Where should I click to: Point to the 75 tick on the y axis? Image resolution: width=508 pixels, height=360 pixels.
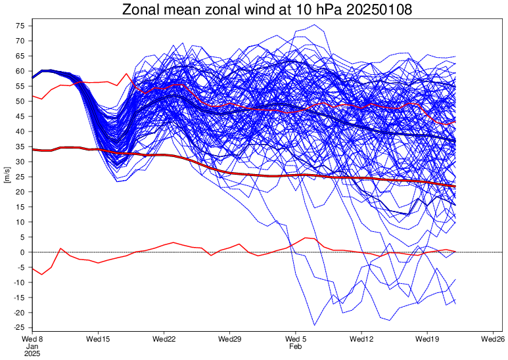[20, 26]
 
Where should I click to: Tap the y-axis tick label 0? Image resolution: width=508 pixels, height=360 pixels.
[22, 252]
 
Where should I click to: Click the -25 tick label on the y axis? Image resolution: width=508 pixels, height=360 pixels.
[18, 328]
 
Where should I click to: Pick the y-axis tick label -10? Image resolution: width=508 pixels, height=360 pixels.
[18, 282]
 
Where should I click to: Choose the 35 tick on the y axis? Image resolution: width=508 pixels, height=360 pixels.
[20, 146]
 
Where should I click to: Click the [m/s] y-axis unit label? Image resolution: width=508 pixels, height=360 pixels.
[7, 177]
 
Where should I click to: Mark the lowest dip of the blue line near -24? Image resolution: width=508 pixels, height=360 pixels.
[314, 325]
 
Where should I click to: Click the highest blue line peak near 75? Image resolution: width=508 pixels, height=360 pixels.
[315, 25]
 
